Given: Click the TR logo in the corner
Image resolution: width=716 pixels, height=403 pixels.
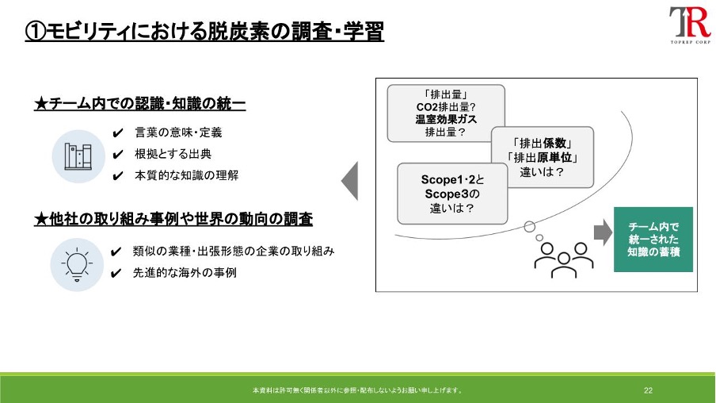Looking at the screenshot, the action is coord(690,25).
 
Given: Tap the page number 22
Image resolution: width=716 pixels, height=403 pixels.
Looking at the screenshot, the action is coord(648,390).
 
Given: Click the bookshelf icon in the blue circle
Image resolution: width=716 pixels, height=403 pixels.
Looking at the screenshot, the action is coord(78,156).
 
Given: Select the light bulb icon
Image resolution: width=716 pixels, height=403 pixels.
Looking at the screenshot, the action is coord(77,264).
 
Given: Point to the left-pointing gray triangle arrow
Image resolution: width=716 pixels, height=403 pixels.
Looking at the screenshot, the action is coord(350,181).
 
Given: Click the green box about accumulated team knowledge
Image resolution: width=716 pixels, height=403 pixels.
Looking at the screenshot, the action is coord(653,240).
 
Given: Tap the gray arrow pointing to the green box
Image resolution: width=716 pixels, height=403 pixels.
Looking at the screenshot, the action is coord(603,232).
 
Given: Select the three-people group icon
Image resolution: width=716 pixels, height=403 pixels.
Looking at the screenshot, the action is coord(564,260).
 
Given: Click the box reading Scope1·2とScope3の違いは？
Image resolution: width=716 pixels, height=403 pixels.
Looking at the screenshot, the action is coord(452,194).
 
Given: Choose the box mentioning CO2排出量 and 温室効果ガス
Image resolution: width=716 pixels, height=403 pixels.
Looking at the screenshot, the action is coord(446,113).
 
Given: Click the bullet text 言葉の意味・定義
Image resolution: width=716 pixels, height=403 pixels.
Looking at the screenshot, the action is coord(178,132).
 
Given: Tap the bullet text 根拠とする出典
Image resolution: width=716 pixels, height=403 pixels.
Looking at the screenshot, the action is coord(173,154).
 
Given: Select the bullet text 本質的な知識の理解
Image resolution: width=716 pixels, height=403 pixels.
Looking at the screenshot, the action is coord(186,175).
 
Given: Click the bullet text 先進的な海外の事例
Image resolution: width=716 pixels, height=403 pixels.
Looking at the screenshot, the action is coord(185,273).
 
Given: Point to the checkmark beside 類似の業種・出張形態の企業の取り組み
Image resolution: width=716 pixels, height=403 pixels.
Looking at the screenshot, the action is coord(116,252).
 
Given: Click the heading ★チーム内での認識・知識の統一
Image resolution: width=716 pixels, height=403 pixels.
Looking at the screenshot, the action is coord(139,104).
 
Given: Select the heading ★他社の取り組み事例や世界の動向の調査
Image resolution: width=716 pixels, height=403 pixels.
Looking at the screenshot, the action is coord(173,219).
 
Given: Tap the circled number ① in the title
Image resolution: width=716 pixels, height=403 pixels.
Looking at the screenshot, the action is coord(35,32).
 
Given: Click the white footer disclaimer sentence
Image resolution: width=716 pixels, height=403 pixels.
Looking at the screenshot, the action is coord(358,390).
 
